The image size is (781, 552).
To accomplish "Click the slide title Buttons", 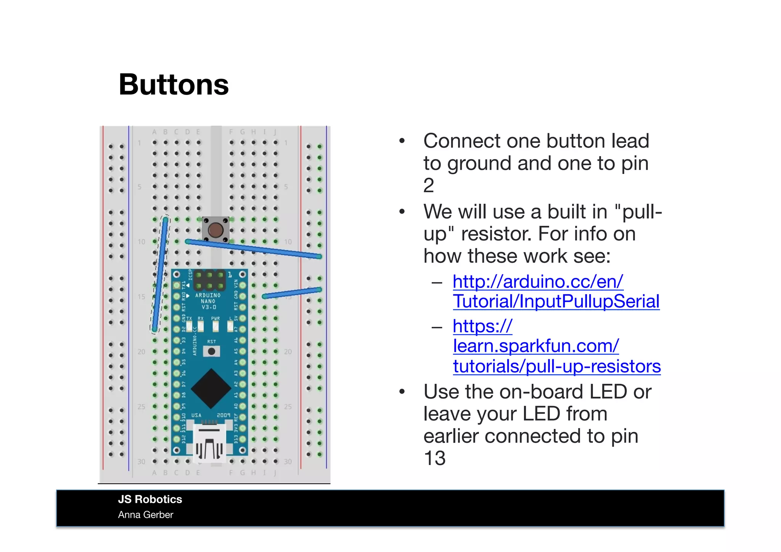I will coord(174,85).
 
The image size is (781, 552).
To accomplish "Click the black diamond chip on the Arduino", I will coord(211,388).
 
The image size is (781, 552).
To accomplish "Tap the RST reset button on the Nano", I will coord(211,351).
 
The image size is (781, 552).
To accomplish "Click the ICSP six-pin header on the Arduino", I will coord(209,280).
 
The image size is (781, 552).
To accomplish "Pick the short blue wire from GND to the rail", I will coord(292,293).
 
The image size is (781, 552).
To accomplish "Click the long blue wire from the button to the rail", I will coord(254,249).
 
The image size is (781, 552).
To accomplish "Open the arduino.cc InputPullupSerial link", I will coord(556,291).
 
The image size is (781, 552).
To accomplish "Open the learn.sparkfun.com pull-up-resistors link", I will coord(556,346).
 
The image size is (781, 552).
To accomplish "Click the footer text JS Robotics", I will coord(150,499).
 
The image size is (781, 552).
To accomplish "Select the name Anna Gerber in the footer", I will coord(145,515).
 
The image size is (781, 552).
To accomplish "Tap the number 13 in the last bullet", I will coord(434,458).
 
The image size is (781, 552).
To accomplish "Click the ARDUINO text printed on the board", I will coord(208,295).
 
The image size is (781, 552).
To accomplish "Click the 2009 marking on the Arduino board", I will coord(223,415).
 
